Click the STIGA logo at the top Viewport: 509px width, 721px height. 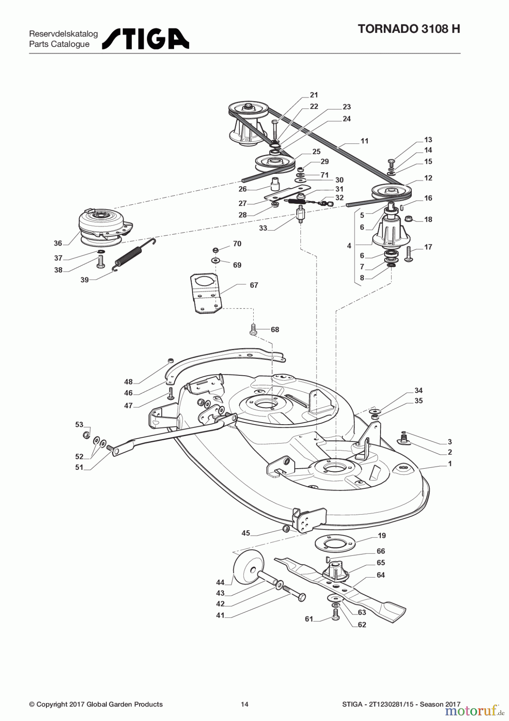[146, 39]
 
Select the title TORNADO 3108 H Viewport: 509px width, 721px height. [409, 29]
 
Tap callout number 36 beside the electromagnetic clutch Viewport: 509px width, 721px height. [58, 243]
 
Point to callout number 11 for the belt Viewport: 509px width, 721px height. [364, 141]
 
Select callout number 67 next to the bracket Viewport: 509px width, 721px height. [254, 285]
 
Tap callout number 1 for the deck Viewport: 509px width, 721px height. [450, 464]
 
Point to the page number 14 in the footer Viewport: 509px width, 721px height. [244, 704]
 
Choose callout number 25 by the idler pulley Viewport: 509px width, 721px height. [316, 152]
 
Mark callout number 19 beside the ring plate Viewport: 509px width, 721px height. [382, 536]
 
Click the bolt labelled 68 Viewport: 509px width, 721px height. [253, 329]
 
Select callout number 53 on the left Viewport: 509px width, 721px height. [79, 425]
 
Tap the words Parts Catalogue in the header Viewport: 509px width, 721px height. [59, 44]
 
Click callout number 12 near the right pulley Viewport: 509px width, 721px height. [428, 178]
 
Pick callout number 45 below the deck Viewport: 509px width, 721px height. [246, 533]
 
